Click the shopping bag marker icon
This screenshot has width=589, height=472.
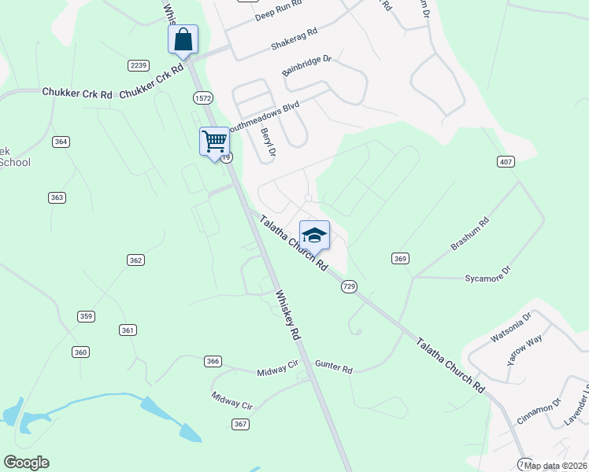pyautogui.click(x=183, y=39)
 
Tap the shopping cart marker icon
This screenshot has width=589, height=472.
pyautogui.click(x=214, y=142)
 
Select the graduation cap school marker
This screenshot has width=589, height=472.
pyautogui.click(x=314, y=235)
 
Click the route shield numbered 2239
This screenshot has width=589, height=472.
pyautogui.click(x=139, y=65)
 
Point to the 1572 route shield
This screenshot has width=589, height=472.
pyautogui.click(x=203, y=96)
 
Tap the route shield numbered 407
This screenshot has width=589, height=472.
pyautogui.click(x=506, y=161)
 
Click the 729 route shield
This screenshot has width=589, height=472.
pyautogui.click(x=350, y=287)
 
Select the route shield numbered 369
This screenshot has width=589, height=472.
pyautogui.click(x=401, y=258)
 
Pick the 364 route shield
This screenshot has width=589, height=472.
pyautogui.click(x=61, y=142)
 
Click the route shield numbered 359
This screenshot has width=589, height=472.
pyautogui.click(x=86, y=316)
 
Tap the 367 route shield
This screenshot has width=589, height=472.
pyautogui.click(x=241, y=424)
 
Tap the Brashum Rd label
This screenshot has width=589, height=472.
pyautogui.click(x=470, y=234)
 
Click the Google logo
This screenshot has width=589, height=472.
pyautogui.click(x=26, y=463)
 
